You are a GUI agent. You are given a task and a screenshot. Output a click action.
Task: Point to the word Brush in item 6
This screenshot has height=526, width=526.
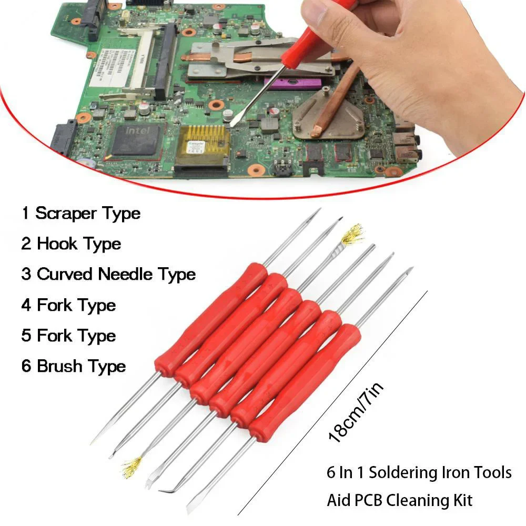(x=59, y=366)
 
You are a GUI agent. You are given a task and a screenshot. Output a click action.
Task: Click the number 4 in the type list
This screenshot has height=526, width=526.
(x=26, y=306)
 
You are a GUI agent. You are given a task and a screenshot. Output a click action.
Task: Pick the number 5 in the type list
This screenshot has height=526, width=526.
(x=26, y=336)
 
